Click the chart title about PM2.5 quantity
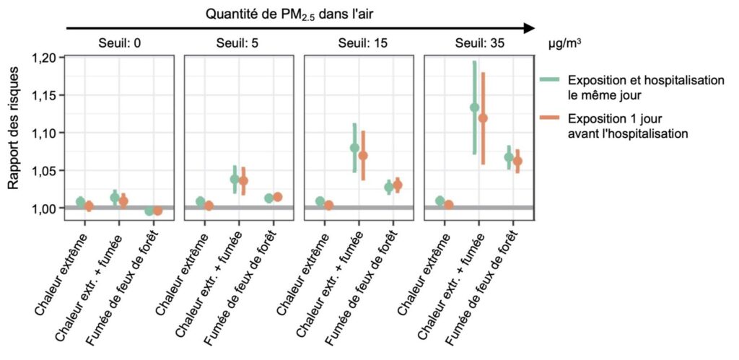299,13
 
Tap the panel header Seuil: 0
119,43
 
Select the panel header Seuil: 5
239,43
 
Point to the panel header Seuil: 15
361,43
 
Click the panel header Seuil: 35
480,43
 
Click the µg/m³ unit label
565,43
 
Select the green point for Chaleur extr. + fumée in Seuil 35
474,107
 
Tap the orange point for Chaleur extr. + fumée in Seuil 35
483,118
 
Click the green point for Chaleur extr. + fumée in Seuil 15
354,148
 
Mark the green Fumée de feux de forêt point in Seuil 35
509,157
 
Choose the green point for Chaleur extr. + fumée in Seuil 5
235,179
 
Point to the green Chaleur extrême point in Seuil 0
80,202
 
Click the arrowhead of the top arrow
530,28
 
